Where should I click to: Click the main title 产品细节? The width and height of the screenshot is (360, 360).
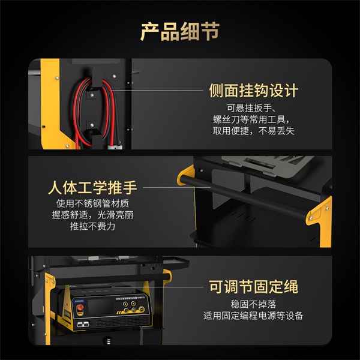180,31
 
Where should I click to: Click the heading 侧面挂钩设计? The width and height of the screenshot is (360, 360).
253,91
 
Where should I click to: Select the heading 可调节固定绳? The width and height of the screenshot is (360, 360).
253,286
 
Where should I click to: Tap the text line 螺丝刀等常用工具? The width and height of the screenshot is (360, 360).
253,120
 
